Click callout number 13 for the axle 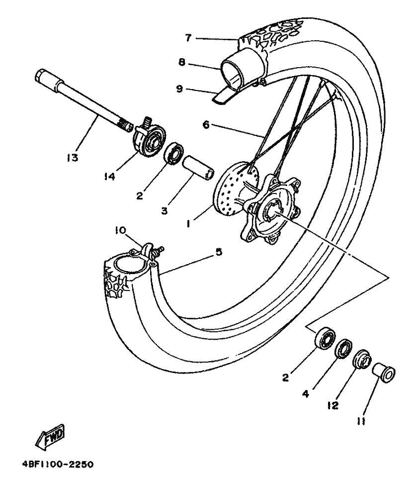[x=73, y=158]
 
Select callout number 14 [x=109, y=176]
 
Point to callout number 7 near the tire [x=188, y=38]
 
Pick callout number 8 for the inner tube [x=182, y=63]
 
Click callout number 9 [x=179, y=89]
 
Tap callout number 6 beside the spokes [x=206, y=125]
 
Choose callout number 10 [x=121, y=230]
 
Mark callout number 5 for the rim [x=219, y=252]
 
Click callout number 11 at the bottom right [x=361, y=421]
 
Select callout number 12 [x=333, y=405]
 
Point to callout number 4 [x=306, y=394]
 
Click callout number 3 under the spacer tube [x=164, y=210]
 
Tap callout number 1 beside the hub [x=188, y=224]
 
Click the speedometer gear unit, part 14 [x=148, y=137]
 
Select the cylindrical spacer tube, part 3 [x=198, y=168]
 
